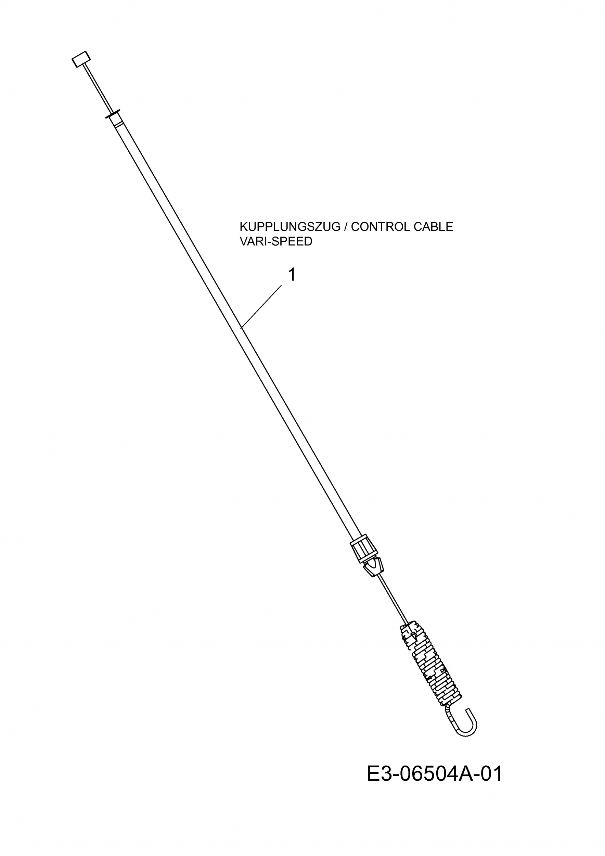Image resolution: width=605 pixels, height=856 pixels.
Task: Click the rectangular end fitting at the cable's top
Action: click(x=81, y=59)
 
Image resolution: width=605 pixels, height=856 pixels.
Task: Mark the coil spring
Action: click(x=430, y=664)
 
